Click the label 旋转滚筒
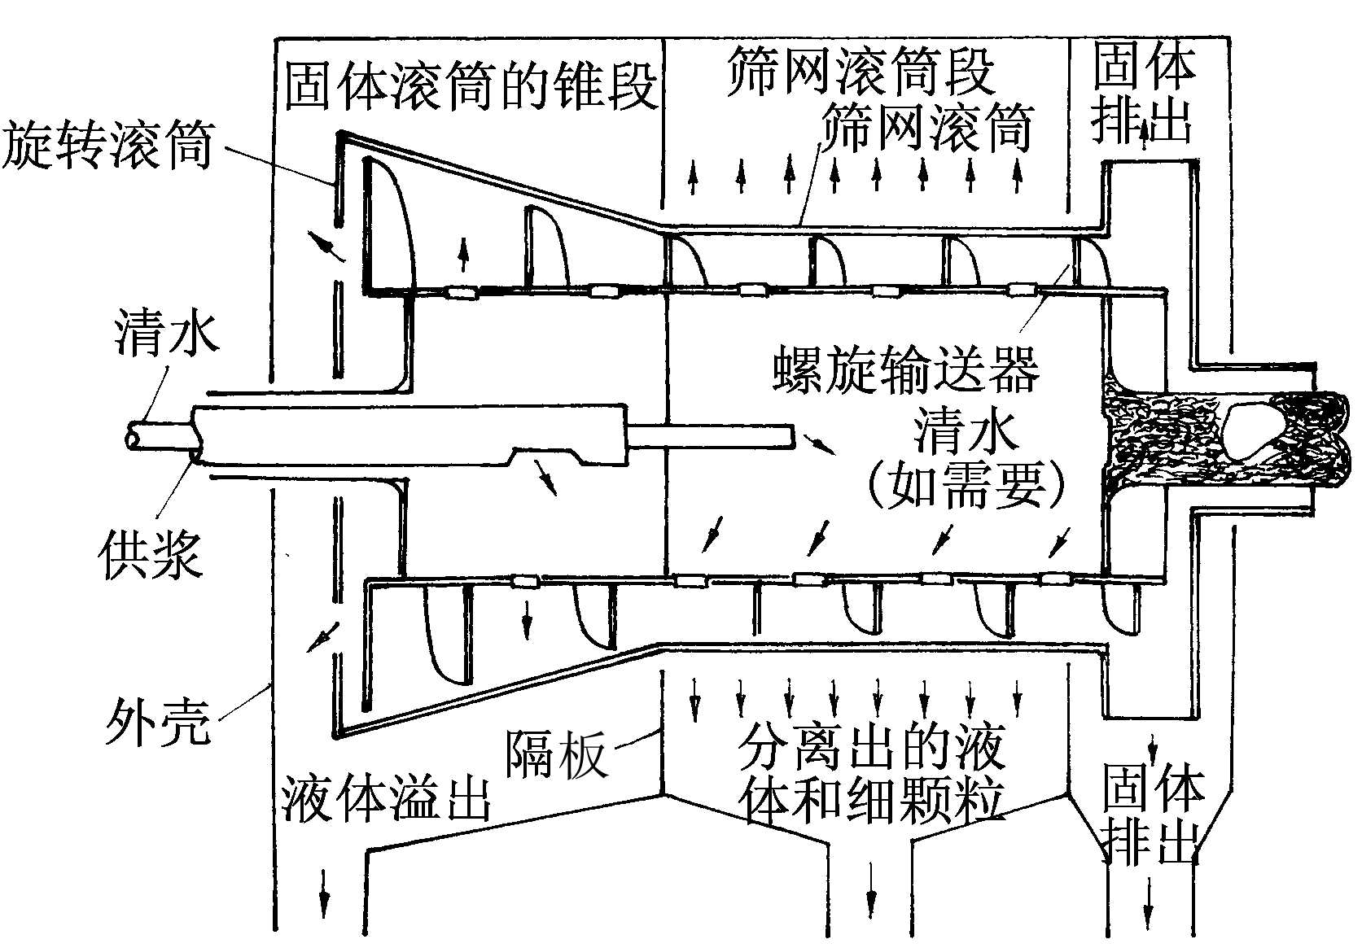(x=107, y=146)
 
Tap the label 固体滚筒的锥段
(x=471, y=85)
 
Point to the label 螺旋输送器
(x=905, y=370)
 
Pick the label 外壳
(x=157, y=721)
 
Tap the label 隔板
(x=557, y=754)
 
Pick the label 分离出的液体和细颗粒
(x=871, y=773)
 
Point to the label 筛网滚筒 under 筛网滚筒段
(x=926, y=126)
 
